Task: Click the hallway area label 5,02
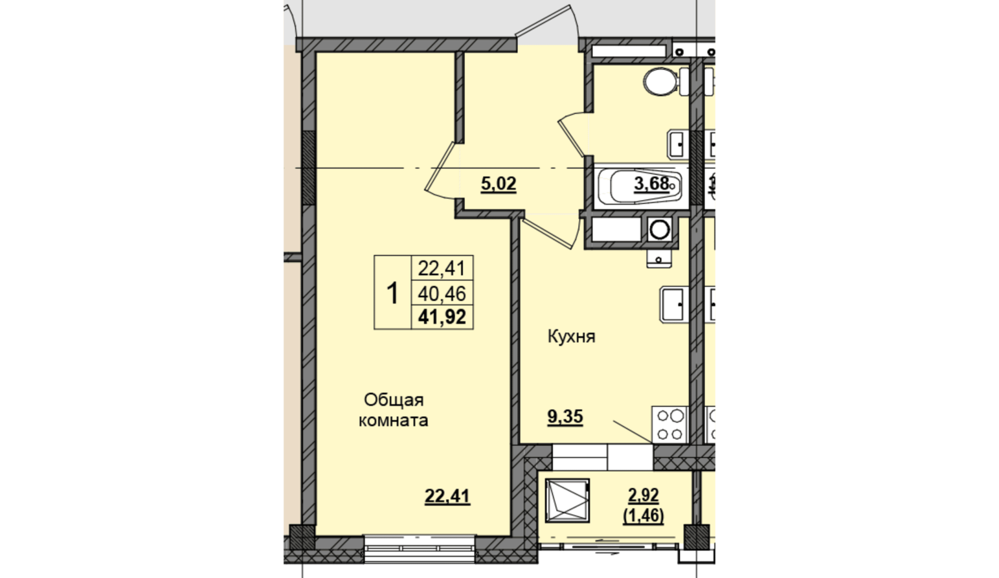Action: pos(499,183)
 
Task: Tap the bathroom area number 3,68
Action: pos(651,183)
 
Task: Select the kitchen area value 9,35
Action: pos(565,417)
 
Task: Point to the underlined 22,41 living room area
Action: pos(447,496)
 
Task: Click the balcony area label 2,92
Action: pos(644,495)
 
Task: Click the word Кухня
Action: pos(571,337)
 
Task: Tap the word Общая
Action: pos(394,400)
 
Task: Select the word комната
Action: pos(394,421)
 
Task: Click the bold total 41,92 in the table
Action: pos(442,317)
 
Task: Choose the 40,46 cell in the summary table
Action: pos(442,293)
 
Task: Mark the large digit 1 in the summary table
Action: pos(392,293)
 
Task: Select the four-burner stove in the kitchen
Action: pos(670,424)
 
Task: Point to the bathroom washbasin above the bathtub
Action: pos(679,144)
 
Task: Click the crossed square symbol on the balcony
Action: pos(567,500)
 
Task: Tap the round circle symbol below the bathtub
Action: pos(660,230)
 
